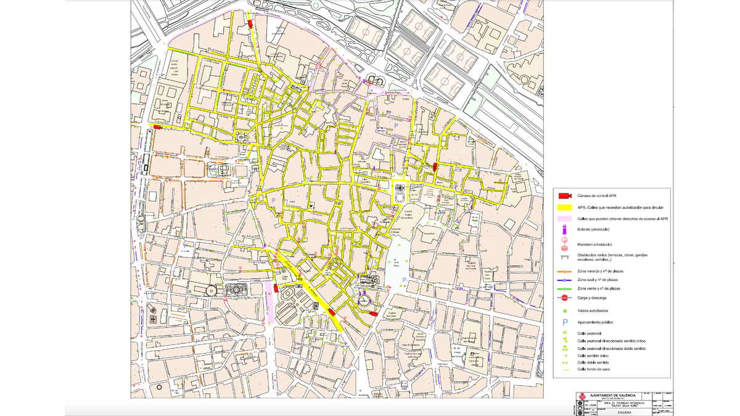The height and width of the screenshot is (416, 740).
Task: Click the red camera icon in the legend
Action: point(565,196)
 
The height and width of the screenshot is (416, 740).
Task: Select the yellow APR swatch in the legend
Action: point(565,208)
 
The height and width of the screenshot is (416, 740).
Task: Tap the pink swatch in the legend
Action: point(565,218)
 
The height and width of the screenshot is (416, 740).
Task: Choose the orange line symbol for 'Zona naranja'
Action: point(565,271)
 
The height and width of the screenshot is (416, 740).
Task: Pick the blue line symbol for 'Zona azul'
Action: point(565,280)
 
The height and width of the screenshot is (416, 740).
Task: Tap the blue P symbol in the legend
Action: point(564,321)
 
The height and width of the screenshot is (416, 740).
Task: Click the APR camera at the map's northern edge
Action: point(250,23)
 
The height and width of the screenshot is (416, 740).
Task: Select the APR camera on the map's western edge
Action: point(157,126)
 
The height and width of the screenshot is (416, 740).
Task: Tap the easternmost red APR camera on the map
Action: point(435,166)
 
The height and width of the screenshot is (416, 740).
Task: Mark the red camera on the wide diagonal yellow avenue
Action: point(332,311)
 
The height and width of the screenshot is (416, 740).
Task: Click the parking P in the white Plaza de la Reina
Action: point(405,280)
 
